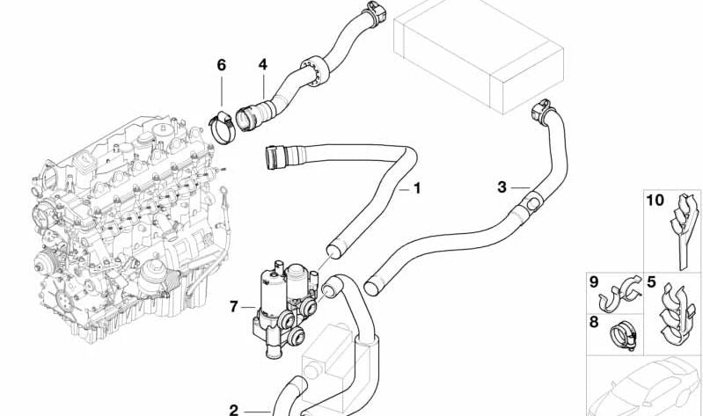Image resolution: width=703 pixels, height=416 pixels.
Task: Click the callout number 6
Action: pos(221,65)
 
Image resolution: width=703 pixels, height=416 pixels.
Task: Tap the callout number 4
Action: pos(262,65)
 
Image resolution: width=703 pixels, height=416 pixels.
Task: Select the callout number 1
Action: pos(417,188)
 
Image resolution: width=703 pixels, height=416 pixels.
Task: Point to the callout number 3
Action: pos(502,186)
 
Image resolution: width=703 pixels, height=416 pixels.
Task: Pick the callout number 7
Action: pos(233,307)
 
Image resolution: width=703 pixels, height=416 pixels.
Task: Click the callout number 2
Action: pos(233,409)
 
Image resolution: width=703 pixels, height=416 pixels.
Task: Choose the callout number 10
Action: pos(655,201)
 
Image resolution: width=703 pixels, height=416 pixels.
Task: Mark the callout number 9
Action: pos(594,283)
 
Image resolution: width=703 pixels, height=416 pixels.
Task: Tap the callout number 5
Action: pos(652,283)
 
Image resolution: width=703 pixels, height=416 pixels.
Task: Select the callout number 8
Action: pos(594,322)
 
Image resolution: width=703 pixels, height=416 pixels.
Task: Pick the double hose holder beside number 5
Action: pos(678,312)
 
